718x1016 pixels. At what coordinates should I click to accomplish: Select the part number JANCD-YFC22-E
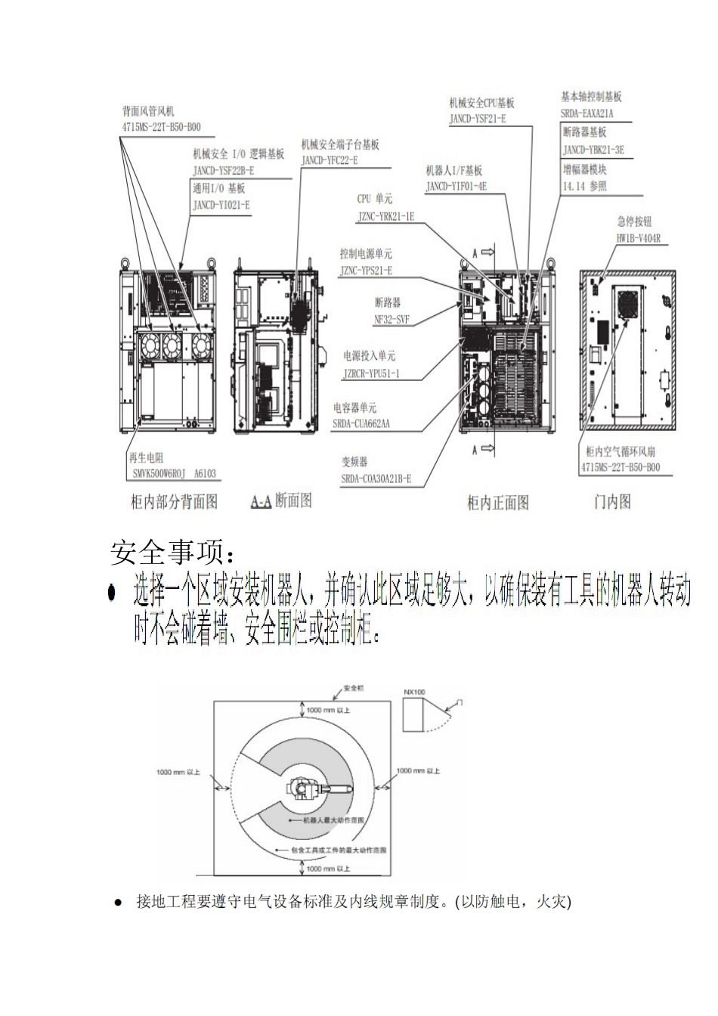pyautogui.click(x=330, y=160)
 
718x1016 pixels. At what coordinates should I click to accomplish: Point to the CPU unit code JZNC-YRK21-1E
pyautogui.click(x=385, y=216)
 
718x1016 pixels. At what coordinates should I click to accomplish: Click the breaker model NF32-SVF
pyautogui.click(x=391, y=321)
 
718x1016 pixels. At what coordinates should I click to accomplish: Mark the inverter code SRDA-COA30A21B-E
pyautogui.click(x=376, y=479)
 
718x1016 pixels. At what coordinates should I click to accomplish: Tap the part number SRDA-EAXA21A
pyautogui.click(x=587, y=114)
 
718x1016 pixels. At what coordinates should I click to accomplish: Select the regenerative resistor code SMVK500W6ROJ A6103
pyautogui.click(x=173, y=474)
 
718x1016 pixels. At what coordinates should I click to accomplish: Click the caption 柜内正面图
pyautogui.click(x=498, y=503)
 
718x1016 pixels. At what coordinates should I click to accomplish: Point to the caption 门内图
pyautogui.click(x=611, y=502)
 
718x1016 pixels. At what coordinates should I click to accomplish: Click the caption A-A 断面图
pyautogui.click(x=280, y=500)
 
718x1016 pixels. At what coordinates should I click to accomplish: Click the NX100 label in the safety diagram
pyautogui.click(x=413, y=692)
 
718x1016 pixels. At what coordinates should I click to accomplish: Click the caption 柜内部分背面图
pyautogui.click(x=175, y=502)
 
